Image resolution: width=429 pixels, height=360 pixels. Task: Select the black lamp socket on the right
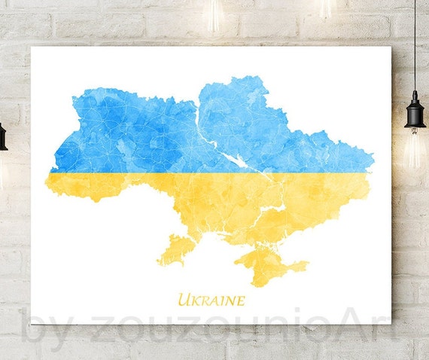[x=415, y=112]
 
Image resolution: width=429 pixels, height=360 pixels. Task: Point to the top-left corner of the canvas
[x=32, y=47]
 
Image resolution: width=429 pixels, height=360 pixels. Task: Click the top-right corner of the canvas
[x=392, y=47]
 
